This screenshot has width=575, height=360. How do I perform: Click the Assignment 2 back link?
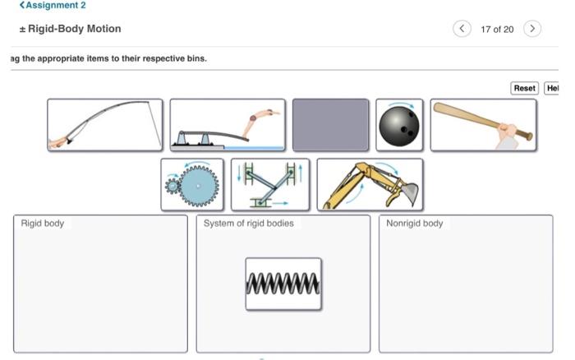[53, 6]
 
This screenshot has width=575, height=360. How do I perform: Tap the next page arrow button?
[532, 29]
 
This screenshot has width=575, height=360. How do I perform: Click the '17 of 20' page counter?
[497, 30]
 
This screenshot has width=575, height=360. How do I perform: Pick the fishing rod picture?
[105, 125]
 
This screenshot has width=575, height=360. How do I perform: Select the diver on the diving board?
[228, 125]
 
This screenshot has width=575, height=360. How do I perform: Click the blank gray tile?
[330, 125]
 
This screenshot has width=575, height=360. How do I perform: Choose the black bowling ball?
[399, 125]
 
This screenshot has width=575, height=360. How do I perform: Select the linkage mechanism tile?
[270, 184]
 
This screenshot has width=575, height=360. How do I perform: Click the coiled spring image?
[283, 284]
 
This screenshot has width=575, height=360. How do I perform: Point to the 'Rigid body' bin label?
[43, 224]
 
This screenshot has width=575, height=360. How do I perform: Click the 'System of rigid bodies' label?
[248, 224]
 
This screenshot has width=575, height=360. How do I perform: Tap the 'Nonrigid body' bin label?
[415, 224]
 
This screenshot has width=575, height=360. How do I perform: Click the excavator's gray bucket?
[408, 194]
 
